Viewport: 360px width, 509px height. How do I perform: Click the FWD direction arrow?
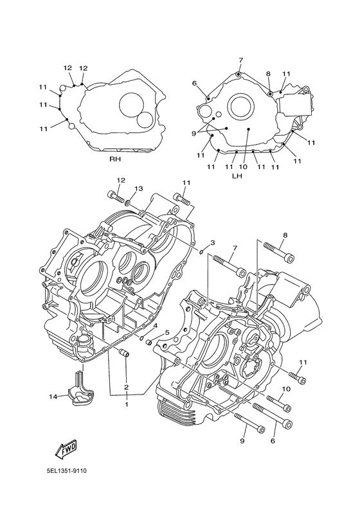coord(67,449)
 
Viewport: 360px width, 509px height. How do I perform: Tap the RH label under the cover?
coord(115,159)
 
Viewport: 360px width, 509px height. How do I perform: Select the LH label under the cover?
coord(237,175)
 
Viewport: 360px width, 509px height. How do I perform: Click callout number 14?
coord(53,397)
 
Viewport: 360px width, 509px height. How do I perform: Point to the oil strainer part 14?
coord(80,388)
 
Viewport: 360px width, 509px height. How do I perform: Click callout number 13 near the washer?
coord(138,188)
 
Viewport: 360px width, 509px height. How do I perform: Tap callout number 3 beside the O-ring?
coord(213,242)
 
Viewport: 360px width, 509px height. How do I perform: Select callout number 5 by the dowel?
coord(167,332)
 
